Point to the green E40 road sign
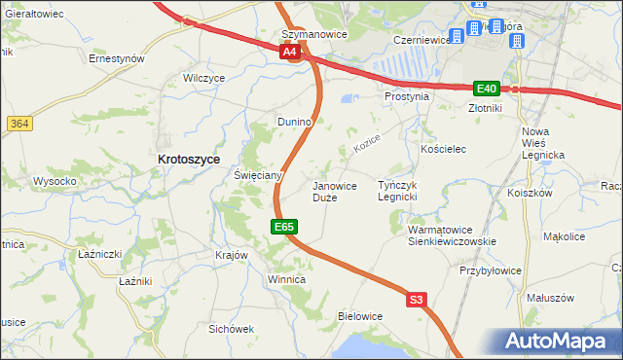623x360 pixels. click(487, 88)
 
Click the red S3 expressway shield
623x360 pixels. click(417, 301)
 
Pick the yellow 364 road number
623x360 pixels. click(18, 124)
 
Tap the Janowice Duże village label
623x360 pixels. click(334, 191)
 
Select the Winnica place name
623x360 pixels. click(287, 279)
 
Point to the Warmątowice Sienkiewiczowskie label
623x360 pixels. click(452, 235)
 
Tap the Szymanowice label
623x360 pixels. click(308, 34)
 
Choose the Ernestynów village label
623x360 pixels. click(116, 58)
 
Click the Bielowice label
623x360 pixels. click(359, 316)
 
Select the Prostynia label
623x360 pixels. click(406, 96)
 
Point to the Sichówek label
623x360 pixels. click(231, 329)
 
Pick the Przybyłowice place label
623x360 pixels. click(492, 270)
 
